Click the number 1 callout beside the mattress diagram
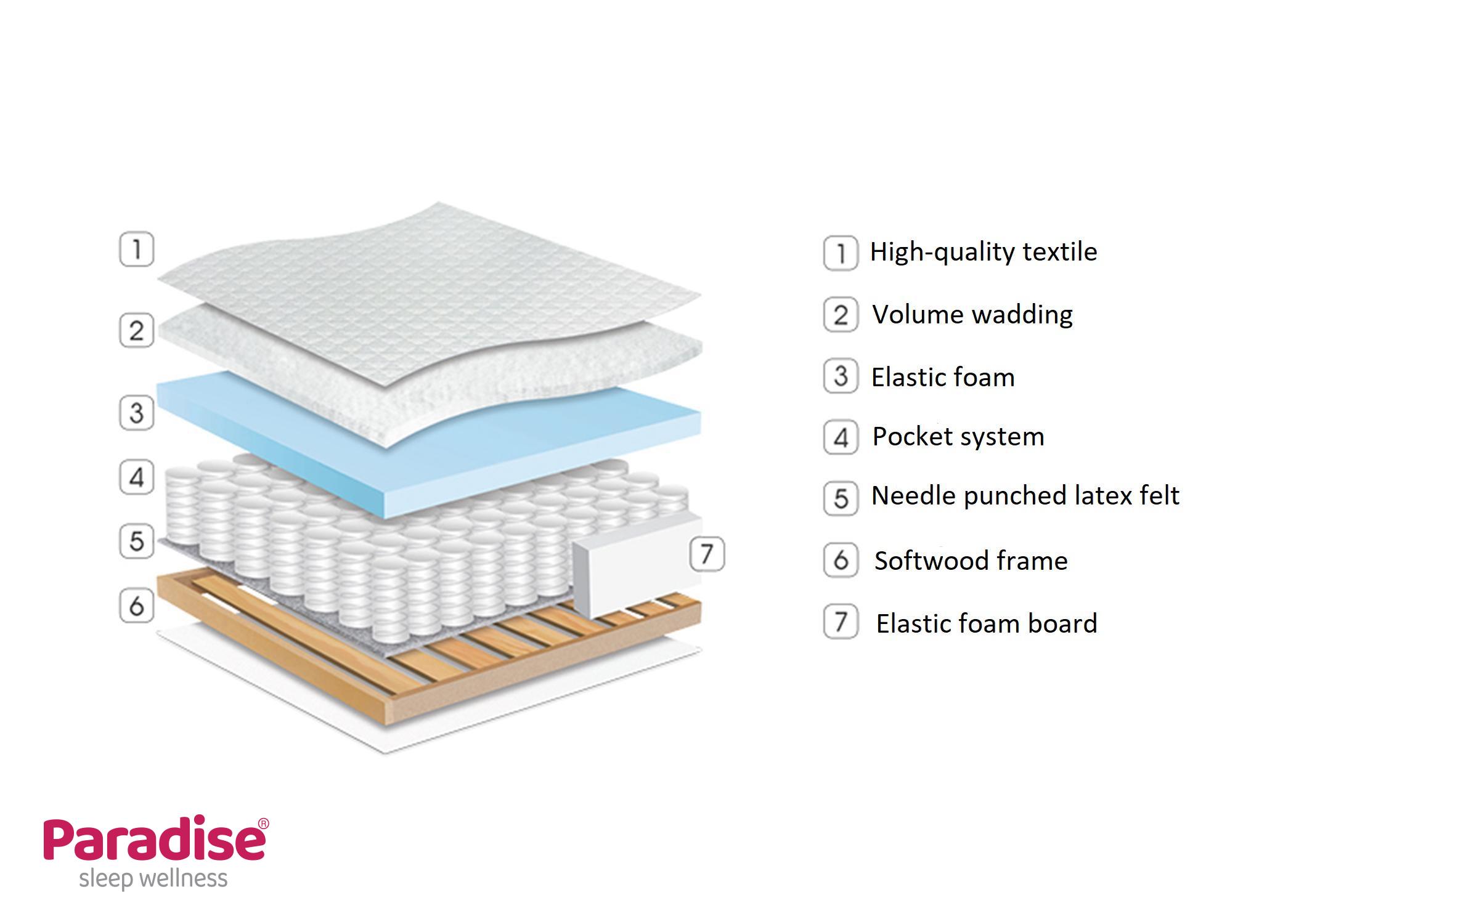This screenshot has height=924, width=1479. click(x=136, y=249)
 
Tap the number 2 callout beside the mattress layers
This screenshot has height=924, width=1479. click(x=136, y=331)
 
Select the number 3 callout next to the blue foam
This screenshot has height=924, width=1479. click(x=136, y=413)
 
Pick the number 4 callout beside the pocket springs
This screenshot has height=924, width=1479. click(x=136, y=477)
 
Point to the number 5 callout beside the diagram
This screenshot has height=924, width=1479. click(x=136, y=541)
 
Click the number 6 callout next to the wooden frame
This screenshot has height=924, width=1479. click(x=136, y=606)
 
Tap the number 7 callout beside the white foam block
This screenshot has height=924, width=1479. click(x=707, y=554)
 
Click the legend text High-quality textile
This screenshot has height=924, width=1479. click(x=983, y=252)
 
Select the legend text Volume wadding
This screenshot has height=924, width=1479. click(x=972, y=315)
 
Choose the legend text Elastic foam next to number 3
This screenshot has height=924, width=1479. click(x=943, y=377)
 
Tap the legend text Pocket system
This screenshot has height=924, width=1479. click(x=958, y=437)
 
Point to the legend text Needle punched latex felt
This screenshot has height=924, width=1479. click(x=1025, y=496)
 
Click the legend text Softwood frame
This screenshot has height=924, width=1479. click(x=971, y=561)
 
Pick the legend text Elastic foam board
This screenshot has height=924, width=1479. click(x=987, y=623)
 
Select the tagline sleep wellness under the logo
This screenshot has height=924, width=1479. click(x=153, y=878)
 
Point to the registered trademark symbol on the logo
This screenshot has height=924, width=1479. click(x=263, y=824)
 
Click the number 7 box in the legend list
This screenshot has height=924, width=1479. click(x=841, y=622)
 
